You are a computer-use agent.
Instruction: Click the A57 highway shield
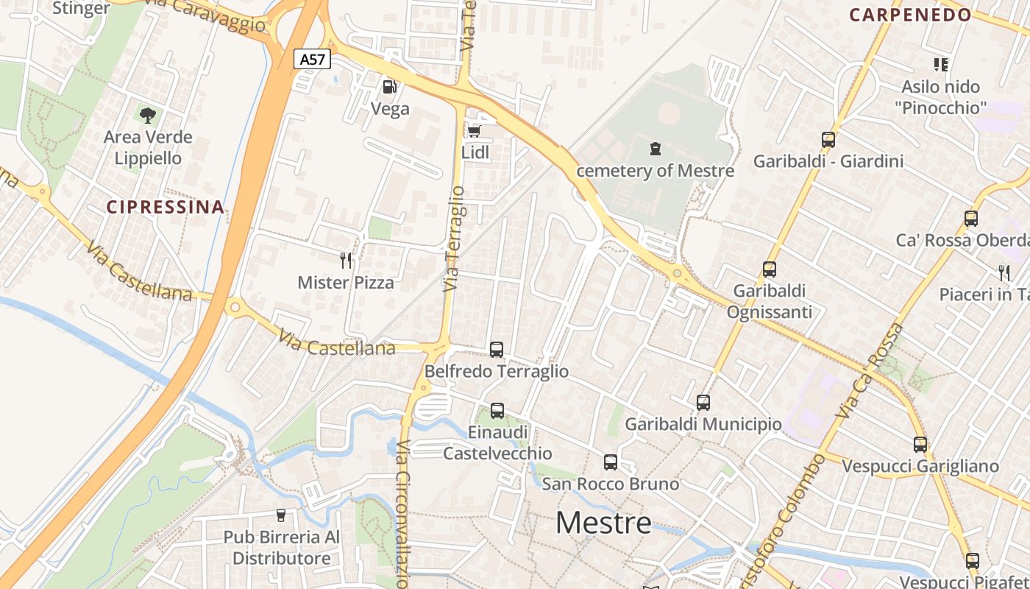[313, 59]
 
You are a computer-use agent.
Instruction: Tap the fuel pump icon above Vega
[389, 87]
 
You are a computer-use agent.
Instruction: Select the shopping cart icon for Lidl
[475, 131]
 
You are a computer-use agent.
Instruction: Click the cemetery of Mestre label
[655, 171]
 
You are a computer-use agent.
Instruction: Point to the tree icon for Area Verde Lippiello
[148, 115]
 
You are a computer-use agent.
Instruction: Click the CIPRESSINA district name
[166, 207]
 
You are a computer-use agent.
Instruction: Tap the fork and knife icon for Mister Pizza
[346, 260]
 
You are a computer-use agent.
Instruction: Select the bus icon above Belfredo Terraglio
[497, 350]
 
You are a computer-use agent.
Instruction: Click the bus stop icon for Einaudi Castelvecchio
[497, 411]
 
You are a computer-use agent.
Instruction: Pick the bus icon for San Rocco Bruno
[611, 462]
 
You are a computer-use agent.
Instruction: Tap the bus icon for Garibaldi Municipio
[703, 403]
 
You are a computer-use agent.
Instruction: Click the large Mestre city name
[603, 523]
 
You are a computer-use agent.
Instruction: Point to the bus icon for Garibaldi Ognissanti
[770, 269]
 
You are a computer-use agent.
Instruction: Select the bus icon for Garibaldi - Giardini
[828, 139]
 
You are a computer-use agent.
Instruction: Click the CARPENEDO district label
[910, 15]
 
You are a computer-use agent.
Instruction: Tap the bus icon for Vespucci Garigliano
[920, 445]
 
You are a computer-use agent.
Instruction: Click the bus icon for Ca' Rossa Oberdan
[971, 219]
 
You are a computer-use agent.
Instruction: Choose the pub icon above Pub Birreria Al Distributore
[280, 515]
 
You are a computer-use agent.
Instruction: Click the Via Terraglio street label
[454, 239]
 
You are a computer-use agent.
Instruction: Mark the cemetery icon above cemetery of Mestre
[655, 149]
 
